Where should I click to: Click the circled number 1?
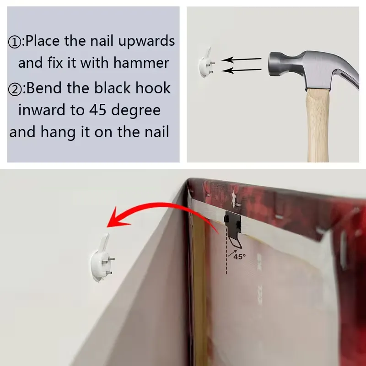[x=15, y=42]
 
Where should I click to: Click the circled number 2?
[x=15, y=89]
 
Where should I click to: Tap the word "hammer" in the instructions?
[x=141, y=63]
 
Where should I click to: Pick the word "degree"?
[x=136, y=111]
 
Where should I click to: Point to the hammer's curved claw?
[x=347, y=75]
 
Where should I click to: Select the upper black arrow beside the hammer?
[x=241, y=59]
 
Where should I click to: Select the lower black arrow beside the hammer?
[x=241, y=70]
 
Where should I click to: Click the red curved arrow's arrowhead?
[x=117, y=218]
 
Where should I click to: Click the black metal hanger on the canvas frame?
[x=233, y=227]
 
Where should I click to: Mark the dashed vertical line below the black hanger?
[x=226, y=251]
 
